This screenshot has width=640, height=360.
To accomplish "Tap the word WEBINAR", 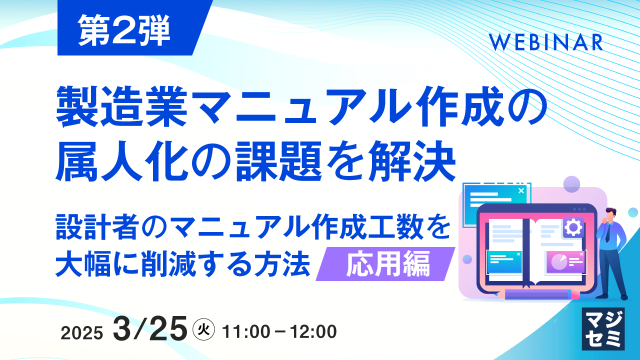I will point(546,43).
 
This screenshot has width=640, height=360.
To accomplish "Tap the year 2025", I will point(82,332).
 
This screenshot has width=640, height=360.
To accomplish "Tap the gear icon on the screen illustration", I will point(573,227).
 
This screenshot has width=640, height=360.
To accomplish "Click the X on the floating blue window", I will point(521,190).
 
